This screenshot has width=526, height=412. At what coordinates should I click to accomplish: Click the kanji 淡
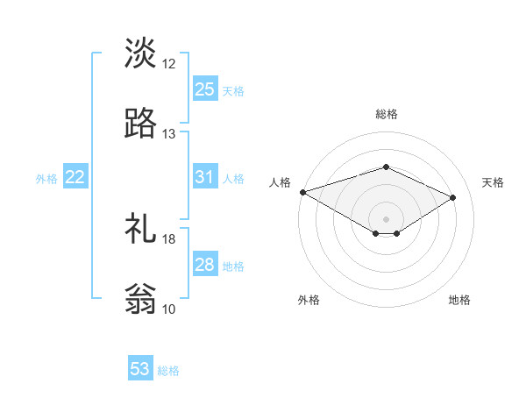pyautogui.click(x=141, y=53)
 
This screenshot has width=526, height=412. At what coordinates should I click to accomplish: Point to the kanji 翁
pyautogui.click(x=141, y=300)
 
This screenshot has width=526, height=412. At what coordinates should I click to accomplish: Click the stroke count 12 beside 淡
pyautogui.click(x=169, y=64)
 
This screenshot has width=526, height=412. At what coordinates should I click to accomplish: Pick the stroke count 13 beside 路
pyautogui.click(x=169, y=134)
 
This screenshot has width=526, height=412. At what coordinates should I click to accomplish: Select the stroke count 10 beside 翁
pyautogui.click(x=169, y=309)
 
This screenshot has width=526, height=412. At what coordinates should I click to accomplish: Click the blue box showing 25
pyautogui.click(x=204, y=89)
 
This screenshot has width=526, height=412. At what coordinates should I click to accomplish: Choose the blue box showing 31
pyautogui.click(x=204, y=177)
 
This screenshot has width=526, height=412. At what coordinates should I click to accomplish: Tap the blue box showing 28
pyautogui.click(x=204, y=265)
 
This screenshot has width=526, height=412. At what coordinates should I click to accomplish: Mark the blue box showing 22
pyautogui.click(x=75, y=177)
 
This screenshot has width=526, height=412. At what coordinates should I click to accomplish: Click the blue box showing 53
pyautogui.click(x=140, y=369)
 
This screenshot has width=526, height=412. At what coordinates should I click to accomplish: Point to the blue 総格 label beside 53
pyautogui.click(x=168, y=371)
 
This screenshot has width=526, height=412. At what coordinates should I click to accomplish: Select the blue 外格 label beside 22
pyautogui.click(x=46, y=179)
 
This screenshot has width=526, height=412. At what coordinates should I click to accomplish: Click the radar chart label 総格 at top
pyautogui.click(x=386, y=114)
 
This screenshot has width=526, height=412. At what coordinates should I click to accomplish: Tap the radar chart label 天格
pyautogui.click(x=494, y=182)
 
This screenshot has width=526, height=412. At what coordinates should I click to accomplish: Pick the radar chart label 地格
pyautogui.click(x=459, y=300)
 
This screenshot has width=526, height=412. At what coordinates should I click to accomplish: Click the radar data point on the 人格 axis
pyautogui.click(x=302, y=192)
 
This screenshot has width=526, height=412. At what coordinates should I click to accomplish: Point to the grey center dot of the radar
pyautogui.click(x=386, y=218)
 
